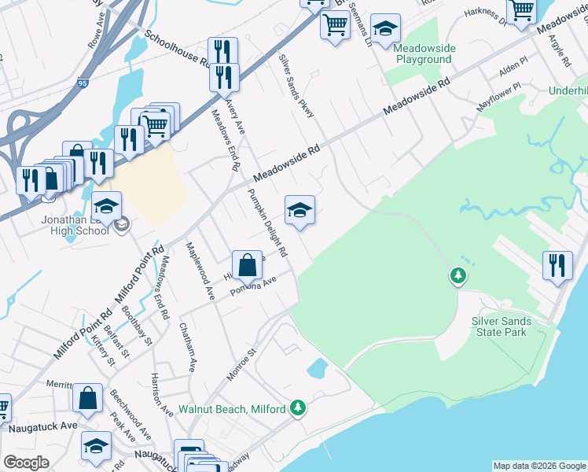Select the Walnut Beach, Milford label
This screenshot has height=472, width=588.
pos(232,409)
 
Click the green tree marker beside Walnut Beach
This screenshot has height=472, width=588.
pos(297,407)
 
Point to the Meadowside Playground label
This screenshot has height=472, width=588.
pos(424,53)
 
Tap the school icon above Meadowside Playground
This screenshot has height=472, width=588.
pos(385,29)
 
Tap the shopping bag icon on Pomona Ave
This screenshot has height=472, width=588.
pos(247,265)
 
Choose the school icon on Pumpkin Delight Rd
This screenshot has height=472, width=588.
pos(300,210)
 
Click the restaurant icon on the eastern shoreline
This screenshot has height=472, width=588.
pos(558,265)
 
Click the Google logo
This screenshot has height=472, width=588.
pos(26,463)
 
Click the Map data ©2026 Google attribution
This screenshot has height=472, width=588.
pos(538,466)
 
